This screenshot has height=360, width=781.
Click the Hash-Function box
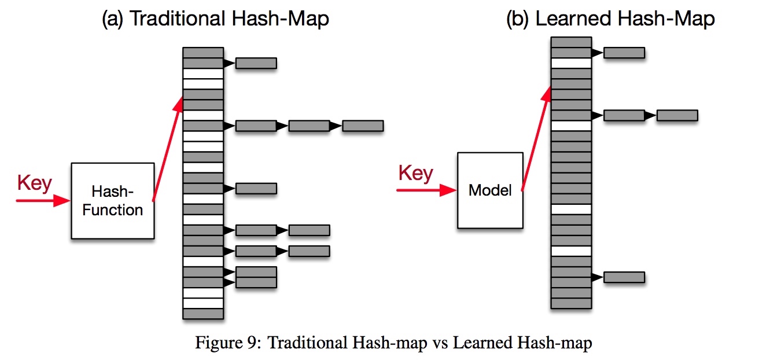pos(113,201)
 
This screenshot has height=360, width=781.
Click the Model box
pos(490,190)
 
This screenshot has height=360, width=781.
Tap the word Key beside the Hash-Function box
pos(35,183)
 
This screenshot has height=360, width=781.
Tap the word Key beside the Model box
pos(415,173)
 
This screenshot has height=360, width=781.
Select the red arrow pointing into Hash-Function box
pos(43,201)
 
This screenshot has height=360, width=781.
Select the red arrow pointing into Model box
pos(426,190)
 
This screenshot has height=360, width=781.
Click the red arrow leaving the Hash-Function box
pos(168,149)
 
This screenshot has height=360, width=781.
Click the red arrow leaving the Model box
pos(536,138)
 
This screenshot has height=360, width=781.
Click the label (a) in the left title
pos(112,19)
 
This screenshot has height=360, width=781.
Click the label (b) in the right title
pos(517,19)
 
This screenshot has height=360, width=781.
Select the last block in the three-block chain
pos(363,126)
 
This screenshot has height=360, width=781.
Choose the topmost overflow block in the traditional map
pos(256,63)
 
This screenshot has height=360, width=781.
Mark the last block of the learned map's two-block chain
pos(677,115)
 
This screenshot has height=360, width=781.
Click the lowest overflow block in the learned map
pos(624,277)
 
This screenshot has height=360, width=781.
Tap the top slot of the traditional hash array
pos(203,53)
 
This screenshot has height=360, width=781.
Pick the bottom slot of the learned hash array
pos(571,303)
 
